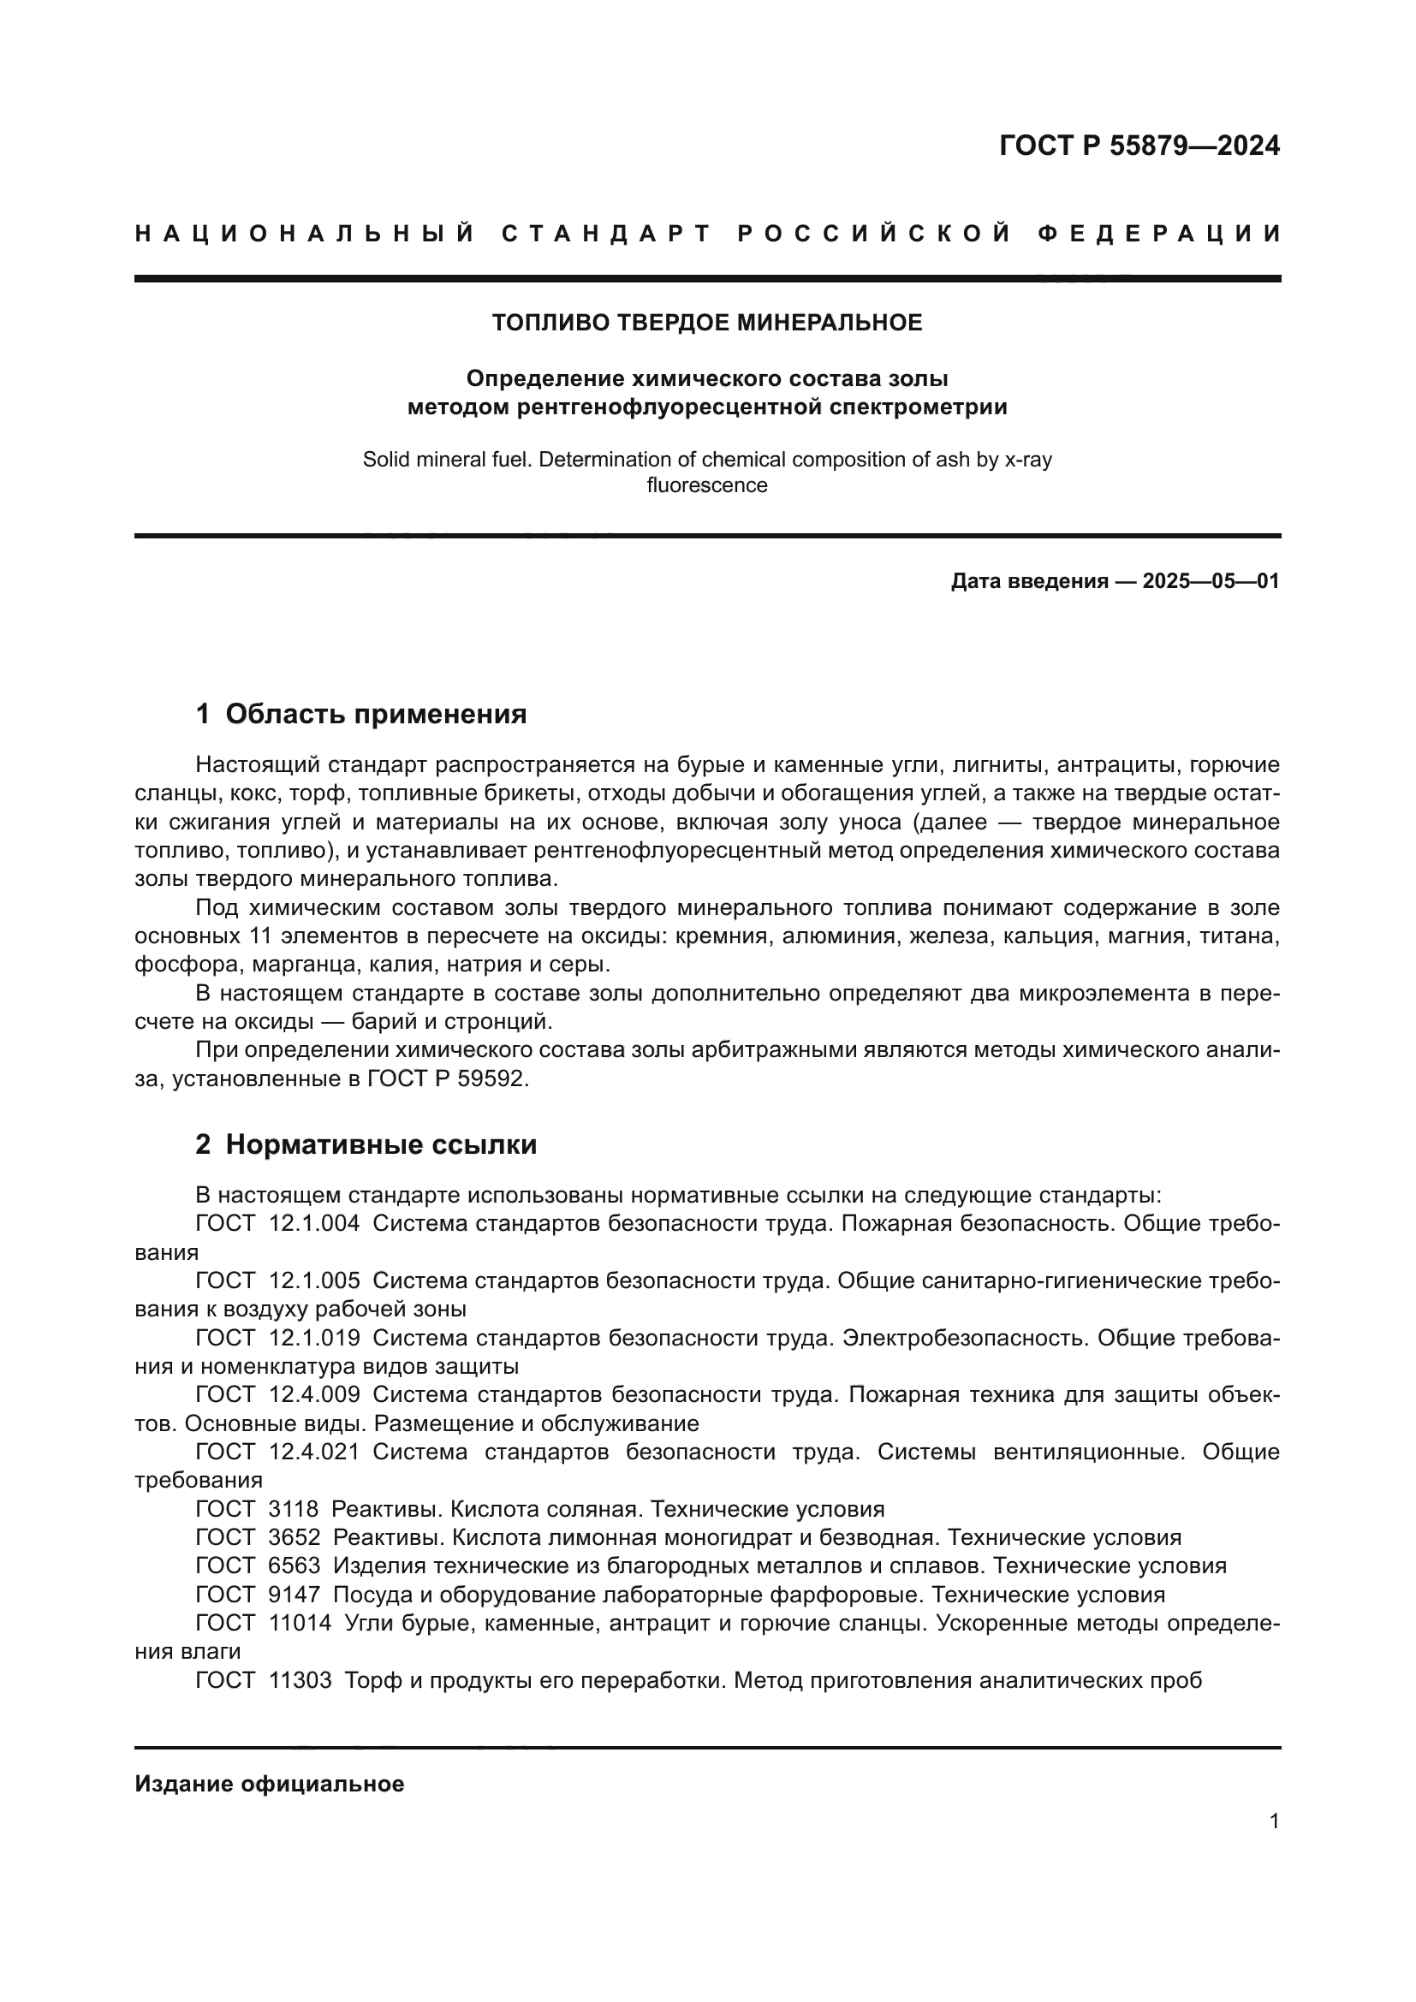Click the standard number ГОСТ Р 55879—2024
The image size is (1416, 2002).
[x=1139, y=146]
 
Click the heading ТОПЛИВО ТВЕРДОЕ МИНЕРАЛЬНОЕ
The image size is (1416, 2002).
[x=707, y=323]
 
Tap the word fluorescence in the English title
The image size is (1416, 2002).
[x=707, y=485]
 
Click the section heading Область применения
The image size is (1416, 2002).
[x=376, y=714]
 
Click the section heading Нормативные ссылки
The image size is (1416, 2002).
[x=381, y=1145]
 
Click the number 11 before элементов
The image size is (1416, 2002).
[x=249, y=936]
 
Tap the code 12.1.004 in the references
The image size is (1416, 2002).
[x=314, y=1223]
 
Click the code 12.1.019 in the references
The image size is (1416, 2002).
[x=314, y=1338]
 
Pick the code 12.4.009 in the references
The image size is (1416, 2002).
[x=314, y=1394]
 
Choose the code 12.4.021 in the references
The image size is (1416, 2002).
[x=314, y=1452]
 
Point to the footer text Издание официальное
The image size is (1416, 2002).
[x=270, y=1784]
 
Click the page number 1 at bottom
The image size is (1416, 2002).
[x=1274, y=1821]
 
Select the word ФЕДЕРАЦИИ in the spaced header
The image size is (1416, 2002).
[x=1159, y=234]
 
